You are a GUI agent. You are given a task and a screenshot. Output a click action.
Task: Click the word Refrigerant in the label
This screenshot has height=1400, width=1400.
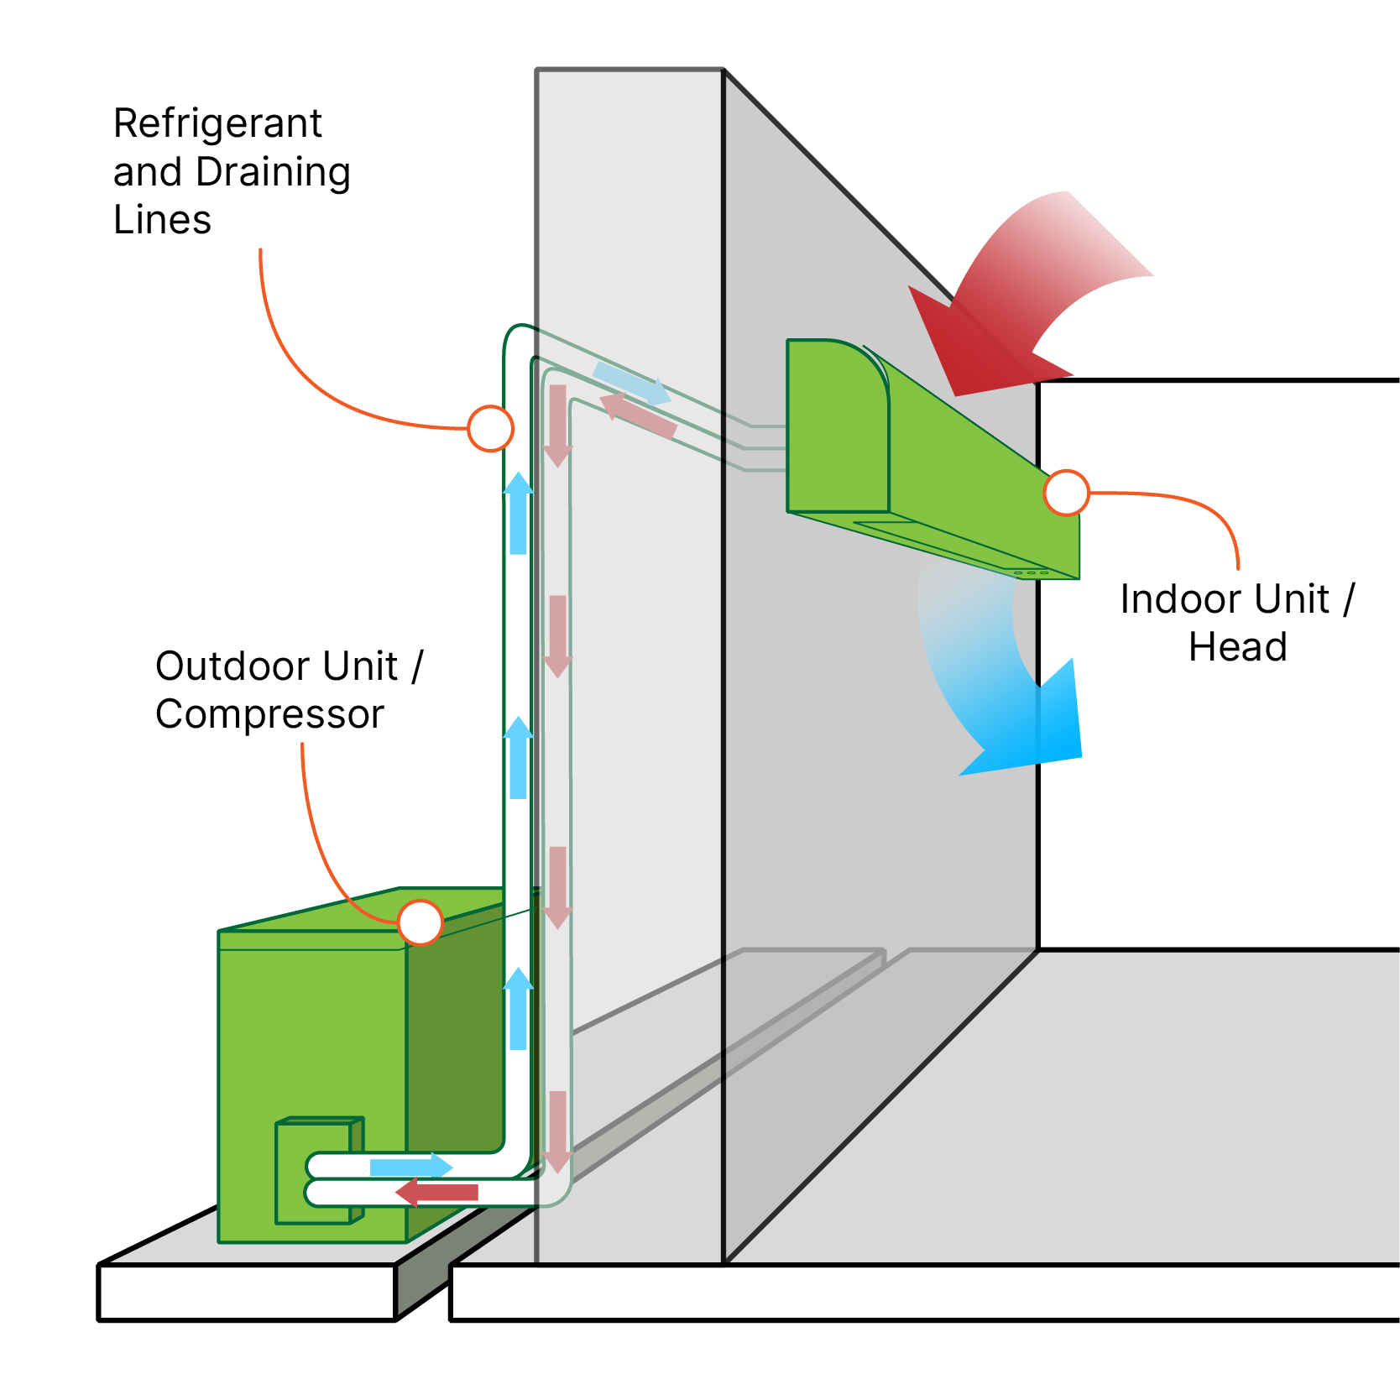217,124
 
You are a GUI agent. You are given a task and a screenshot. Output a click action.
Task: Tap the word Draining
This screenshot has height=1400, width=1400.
273,173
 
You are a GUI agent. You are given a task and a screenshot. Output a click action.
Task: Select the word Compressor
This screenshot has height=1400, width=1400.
269,715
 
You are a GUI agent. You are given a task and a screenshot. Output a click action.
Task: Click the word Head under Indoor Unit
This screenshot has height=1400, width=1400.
1238,648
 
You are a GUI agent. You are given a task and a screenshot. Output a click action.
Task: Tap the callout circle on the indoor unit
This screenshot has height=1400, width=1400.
1066,493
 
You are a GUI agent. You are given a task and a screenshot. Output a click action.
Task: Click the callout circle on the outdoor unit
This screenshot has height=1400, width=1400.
420,922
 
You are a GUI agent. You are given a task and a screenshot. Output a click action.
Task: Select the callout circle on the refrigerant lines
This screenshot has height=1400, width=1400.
490,429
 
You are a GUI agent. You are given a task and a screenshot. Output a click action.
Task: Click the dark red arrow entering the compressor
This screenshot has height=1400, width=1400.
436,1192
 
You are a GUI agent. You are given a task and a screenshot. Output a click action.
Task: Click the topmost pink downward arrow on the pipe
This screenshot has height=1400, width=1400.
557,425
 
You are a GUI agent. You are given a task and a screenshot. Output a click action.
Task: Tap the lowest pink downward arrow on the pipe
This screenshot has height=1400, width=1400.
557,1131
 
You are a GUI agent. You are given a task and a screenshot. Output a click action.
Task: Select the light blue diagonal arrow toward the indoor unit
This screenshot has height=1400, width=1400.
631,383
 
